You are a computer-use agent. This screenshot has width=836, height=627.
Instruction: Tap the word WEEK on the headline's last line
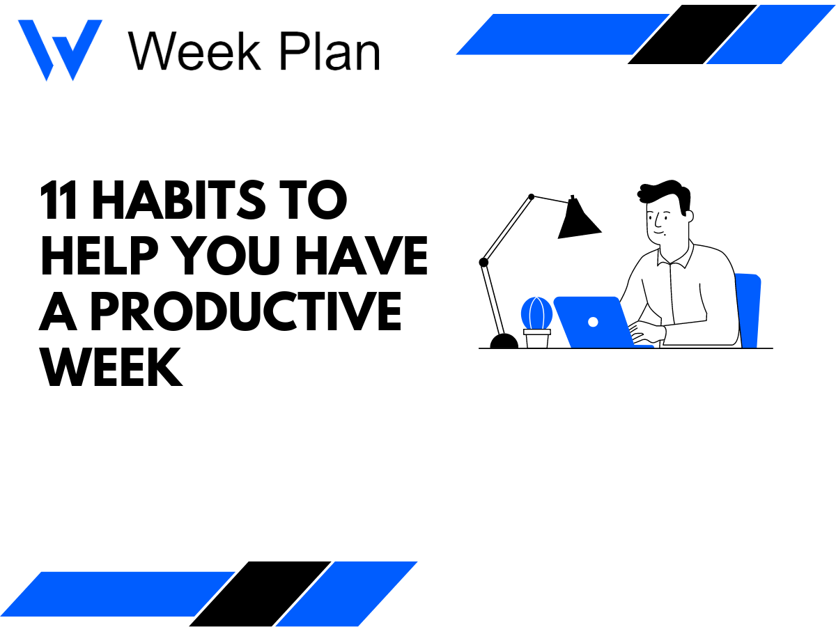111,369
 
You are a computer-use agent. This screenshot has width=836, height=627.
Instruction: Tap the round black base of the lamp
504,341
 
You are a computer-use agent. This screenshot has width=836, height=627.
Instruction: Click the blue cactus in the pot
536,313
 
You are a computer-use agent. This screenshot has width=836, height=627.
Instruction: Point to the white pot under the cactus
537,339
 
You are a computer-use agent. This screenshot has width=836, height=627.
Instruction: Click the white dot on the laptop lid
593,322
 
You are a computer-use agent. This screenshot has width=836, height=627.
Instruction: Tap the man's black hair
666,196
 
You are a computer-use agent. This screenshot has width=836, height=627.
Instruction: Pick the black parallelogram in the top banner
691,34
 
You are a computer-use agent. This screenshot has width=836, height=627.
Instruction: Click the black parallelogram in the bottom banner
259,593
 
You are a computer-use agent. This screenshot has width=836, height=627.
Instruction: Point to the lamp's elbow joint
483,262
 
